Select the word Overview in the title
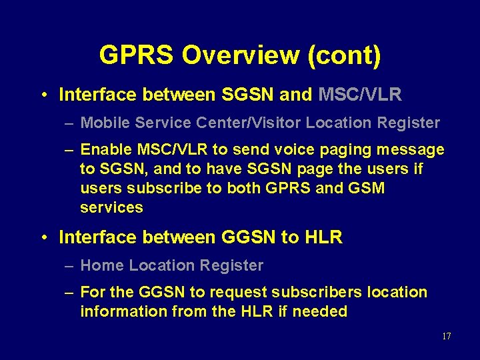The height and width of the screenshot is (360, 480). (x=241, y=55)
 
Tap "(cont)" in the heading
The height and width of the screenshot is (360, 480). (x=344, y=55)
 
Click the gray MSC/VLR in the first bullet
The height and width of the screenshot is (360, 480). (x=360, y=95)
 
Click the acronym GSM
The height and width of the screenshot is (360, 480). (x=366, y=188)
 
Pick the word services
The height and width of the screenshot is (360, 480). (x=111, y=207)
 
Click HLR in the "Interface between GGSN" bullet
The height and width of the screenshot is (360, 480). (x=323, y=237)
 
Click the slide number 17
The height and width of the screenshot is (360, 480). (x=446, y=336)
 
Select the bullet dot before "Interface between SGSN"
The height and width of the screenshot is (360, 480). (x=43, y=95)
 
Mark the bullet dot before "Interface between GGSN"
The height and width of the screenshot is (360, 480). (x=43, y=237)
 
